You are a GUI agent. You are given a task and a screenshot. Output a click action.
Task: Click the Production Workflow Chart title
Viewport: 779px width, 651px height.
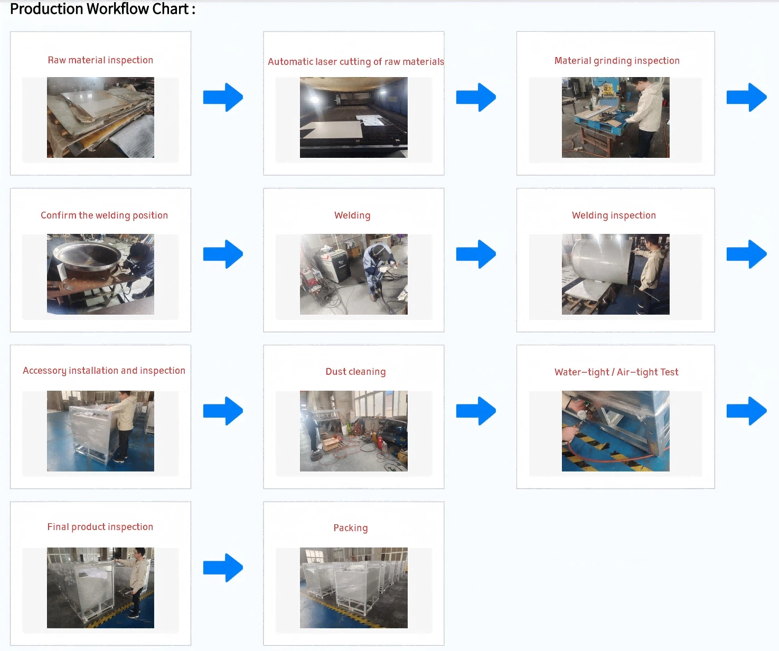pyautogui.click(x=102, y=9)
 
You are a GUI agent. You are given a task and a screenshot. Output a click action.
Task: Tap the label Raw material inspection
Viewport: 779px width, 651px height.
pyautogui.click(x=100, y=60)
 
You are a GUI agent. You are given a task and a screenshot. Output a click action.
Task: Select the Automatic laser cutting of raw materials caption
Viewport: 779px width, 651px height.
pyautogui.click(x=356, y=62)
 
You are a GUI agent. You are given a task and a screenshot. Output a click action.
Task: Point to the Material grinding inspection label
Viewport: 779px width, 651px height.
pyautogui.click(x=617, y=61)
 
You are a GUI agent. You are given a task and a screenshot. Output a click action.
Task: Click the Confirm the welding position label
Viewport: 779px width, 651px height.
pyautogui.click(x=105, y=215)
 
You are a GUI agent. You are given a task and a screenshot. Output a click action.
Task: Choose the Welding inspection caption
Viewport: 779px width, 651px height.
pyautogui.click(x=614, y=215)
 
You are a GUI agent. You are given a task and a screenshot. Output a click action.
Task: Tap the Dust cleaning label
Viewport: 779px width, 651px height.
pyautogui.click(x=355, y=372)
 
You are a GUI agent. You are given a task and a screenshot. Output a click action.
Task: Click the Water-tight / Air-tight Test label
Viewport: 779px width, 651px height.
pyautogui.click(x=616, y=372)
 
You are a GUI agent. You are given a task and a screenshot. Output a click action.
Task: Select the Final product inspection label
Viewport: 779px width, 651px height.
pyautogui.click(x=100, y=527)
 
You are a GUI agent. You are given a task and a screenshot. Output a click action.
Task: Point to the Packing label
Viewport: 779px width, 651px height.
pyautogui.click(x=351, y=528)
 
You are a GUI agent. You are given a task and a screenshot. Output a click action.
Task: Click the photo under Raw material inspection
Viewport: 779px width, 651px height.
pyautogui.click(x=100, y=117)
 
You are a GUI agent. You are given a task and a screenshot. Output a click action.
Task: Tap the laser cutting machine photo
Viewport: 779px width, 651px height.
pyautogui.click(x=354, y=117)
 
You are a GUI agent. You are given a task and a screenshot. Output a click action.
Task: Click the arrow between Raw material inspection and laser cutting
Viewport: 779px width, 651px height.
pyautogui.click(x=223, y=97)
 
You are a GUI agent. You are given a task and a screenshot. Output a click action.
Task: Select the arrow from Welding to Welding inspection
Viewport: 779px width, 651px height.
pyautogui.click(x=476, y=254)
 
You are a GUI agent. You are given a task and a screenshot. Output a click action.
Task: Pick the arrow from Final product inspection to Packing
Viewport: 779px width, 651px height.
pyautogui.click(x=223, y=568)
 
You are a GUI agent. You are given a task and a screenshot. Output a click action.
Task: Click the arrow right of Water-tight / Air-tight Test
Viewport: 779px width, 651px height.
pyautogui.click(x=747, y=411)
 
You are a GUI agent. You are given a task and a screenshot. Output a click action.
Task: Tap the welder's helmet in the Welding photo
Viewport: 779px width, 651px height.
pyautogui.click(x=378, y=251)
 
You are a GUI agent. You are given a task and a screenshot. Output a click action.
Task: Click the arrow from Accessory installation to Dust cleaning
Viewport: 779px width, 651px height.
pyautogui.click(x=223, y=411)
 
